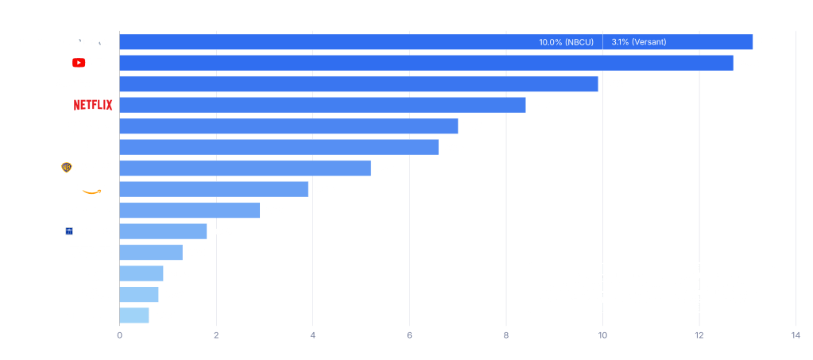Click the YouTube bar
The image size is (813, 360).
coord(426,63)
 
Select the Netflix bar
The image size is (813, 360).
coord(322,105)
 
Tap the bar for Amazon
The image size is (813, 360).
coord(214,189)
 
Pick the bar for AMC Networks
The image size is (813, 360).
coord(134,315)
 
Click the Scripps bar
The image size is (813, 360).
coord(163,231)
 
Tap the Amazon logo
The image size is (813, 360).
coord(95,188)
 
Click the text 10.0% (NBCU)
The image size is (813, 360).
coord(566,42)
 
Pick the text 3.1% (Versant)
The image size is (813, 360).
coord(639,42)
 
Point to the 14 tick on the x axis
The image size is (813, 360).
coord(796,336)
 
